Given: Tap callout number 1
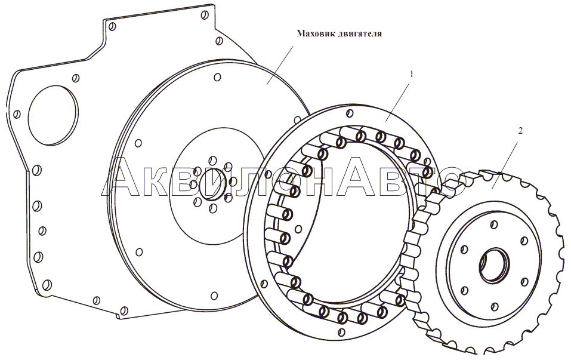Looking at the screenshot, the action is [412, 74].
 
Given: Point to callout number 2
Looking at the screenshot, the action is [520, 130].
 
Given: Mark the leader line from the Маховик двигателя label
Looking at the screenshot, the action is [280, 65].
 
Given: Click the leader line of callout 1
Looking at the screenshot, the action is [397, 102].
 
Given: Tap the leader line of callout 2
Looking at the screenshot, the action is [505, 165].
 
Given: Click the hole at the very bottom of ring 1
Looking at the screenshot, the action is [341, 332].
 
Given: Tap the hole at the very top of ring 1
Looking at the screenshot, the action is [350, 113].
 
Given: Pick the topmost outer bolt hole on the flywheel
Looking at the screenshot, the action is [217, 77].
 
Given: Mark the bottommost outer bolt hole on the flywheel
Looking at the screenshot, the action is [214, 296].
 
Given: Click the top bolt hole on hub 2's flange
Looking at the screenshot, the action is [494, 225].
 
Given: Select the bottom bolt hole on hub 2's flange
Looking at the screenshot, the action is [494, 306].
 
